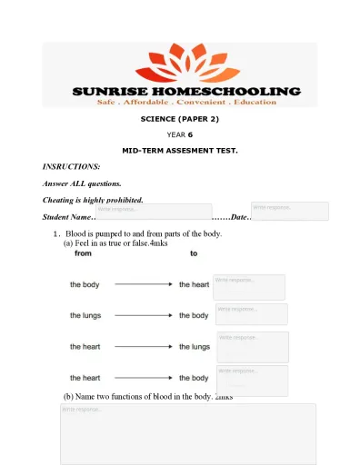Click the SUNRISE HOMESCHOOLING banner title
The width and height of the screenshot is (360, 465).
click(185, 92)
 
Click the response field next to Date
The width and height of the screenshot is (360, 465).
click(289, 211)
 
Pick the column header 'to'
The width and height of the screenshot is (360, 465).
click(194, 253)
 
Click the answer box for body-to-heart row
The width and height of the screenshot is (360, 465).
click(248, 287)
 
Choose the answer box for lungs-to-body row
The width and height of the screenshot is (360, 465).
click(251, 314)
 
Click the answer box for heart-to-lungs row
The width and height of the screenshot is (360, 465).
click(253, 346)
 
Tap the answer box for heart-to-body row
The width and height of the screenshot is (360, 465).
click(252, 380)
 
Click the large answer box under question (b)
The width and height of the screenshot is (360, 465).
click(188, 434)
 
